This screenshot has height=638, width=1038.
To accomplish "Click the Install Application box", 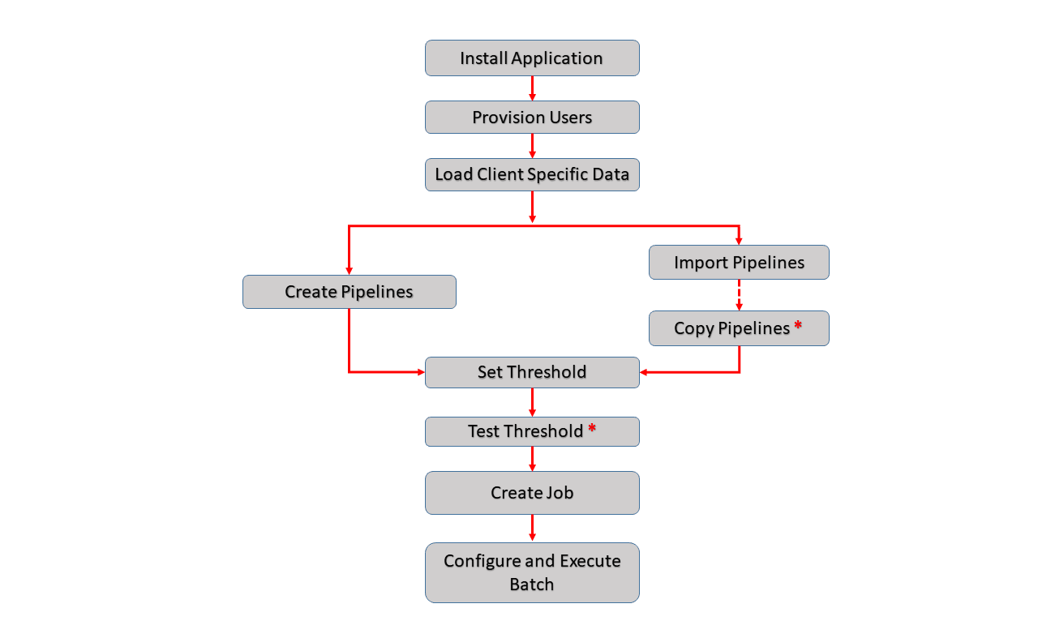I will pyautogui.click(x=532, y=58).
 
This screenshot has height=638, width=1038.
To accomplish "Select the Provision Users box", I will pyautogui.click(x=532, y=118).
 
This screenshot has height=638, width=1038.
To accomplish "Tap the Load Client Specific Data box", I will pyautogui.click(x=532, y=174).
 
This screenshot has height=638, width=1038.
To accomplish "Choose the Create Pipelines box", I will pyautogui.click(x=349, y=292).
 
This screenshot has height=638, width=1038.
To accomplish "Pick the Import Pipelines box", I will pyautogui.click(x=739, y=263).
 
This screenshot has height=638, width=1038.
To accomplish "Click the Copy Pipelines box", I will pyautogui.click(x=731, y=328).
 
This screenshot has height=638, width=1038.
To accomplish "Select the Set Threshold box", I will pyautogui.click(x=532, y=372).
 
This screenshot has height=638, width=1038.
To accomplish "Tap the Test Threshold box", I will pyautogui.click(x=525, y=431).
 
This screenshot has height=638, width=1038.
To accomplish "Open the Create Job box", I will pyautogui.click(x=532, y=493).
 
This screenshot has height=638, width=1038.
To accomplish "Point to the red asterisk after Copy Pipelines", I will pyautogui.click(x=798, y=327).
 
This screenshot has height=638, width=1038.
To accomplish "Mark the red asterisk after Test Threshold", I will pyautogui.click(x=592, y=430).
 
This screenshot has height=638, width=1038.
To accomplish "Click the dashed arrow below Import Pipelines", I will pyautogui.click(x=739, y=295).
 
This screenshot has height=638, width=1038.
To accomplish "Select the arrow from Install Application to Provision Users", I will pyautogui.click(x=532, y=88).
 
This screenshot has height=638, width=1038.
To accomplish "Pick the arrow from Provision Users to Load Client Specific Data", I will pyautogui.click(x=532, y=146).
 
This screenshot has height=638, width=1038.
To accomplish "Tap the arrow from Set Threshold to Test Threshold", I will pyautogui.click(x=532, y=402).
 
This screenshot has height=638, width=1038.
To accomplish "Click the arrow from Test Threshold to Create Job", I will pyautogui.click(x=532, y=459).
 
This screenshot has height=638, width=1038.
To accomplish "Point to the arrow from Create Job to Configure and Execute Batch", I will pyautogui.click(x=532, y=528).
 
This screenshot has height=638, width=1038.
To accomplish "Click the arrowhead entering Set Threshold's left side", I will pyautogui.click(x=420, y=372).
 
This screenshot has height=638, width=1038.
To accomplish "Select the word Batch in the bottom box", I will pyautogui.click(x=532, y=584).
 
